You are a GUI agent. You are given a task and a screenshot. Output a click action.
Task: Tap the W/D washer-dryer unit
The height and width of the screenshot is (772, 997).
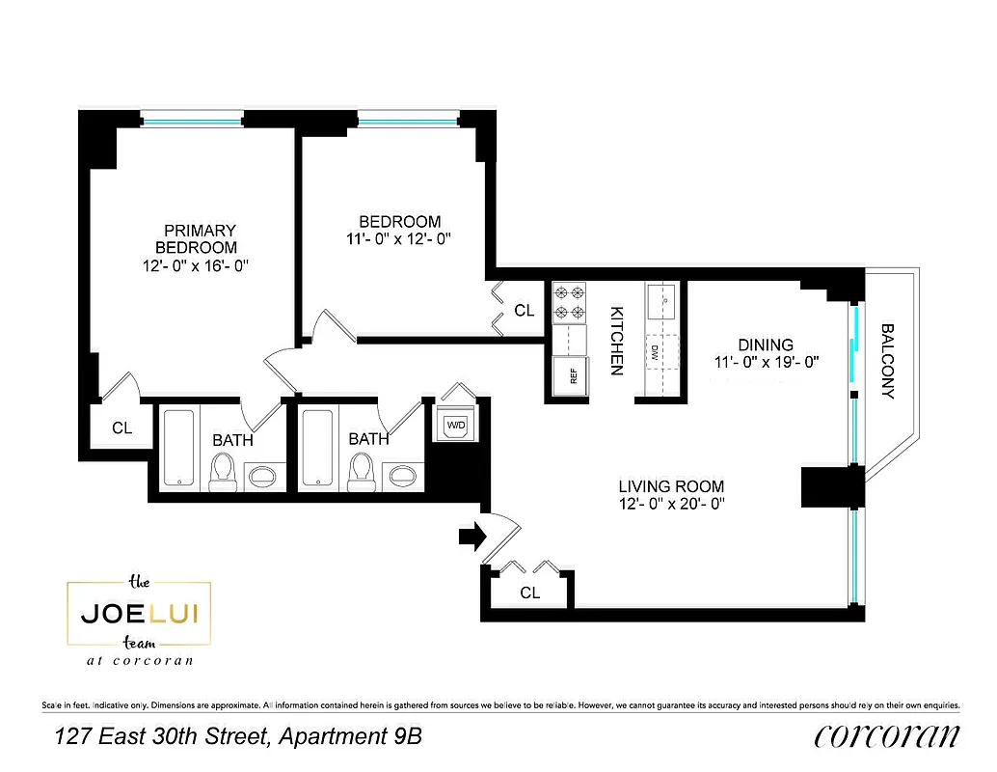(454, 425)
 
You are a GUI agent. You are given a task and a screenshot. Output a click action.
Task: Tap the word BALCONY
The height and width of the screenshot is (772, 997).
(888, 360)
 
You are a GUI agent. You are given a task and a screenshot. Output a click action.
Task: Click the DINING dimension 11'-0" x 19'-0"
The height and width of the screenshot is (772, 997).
(766, 363)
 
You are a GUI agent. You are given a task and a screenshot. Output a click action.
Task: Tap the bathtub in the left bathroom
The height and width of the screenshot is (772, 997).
(179, 449)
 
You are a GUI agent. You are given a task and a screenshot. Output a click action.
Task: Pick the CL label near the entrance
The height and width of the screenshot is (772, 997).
(529, 593)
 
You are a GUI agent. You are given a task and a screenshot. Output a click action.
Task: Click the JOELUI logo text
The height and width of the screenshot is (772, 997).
(139, 614)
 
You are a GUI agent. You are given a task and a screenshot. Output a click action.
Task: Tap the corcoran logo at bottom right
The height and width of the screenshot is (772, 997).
(887, 736)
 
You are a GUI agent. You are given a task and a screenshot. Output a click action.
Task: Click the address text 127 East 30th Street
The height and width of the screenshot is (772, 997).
(162, 737)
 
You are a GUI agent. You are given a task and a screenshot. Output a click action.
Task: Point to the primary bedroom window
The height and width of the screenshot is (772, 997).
(191, 120)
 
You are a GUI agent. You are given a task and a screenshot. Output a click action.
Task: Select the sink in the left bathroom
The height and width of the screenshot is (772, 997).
(261, 474)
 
